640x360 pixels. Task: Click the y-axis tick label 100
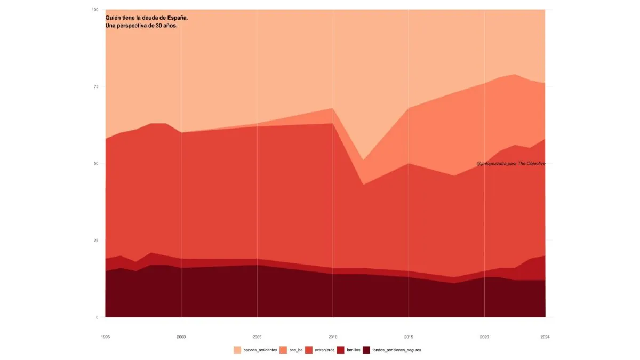tap(95, 10)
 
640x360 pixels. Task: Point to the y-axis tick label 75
tap(96, 86)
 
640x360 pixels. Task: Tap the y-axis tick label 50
tap(96, 163)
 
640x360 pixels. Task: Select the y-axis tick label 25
tap(96, 241)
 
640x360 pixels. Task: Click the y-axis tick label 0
tap(97, 317)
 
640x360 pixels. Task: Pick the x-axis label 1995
tap(106, 337)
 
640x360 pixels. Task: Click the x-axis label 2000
tap(181, 337)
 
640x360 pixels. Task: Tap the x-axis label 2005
tap(257, 337)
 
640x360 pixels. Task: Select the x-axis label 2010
tap(333, 337)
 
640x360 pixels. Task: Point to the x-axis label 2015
tap(409, 337)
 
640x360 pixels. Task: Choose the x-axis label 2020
tap(484, 337)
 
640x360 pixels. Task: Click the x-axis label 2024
tap(545, 337)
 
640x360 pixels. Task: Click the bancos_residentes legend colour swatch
tap(237, 350)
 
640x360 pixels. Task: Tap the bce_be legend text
tap(296, 350)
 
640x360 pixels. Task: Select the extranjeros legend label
tap(325, 350)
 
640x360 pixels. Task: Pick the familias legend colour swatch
tap(341, 350)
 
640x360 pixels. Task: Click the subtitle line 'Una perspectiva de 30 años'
tap(141, 26)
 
